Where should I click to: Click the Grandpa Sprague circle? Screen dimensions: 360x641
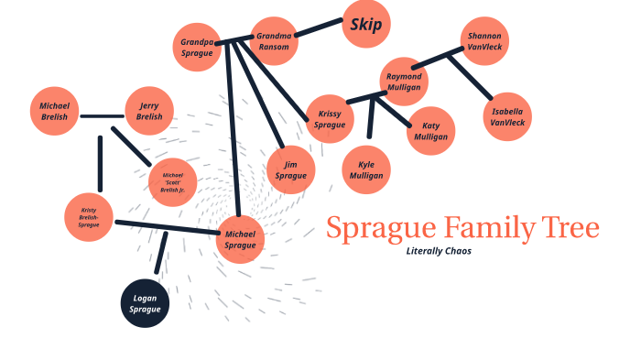pyautogui.click(x=197, y=48)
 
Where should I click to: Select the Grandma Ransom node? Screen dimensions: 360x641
pyautogui.click(x=274, y=42)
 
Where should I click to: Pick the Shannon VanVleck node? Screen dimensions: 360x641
pyautogui.click(x=484, y=41)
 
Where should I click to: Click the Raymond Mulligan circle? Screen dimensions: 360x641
pyautogui.click(x=404, y=82)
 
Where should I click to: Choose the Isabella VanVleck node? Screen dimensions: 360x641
pyautogui.click(x=507, y=116)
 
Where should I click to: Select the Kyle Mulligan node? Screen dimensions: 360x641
pyautogui.click(x=366, y=169)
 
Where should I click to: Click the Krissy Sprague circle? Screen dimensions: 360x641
pyautogui.click(x=330, y=119)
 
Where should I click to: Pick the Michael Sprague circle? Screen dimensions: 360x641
pyautogui.click(x=240, y=240)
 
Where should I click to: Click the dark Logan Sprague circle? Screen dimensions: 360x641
pyautogui.click(x=147, y=303)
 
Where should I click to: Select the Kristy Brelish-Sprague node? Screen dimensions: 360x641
pyautogui.click(x=89, y=217)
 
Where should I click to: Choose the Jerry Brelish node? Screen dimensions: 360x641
pyautogui.click(x=149, y=112)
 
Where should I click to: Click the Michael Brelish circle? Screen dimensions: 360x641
pyautogui.click(x=54, y=112)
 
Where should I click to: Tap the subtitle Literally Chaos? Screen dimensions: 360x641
pyautogui.click(x=439, y=251)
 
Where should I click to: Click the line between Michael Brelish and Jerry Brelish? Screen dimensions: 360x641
pyautogui.click(x=102, y=116)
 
